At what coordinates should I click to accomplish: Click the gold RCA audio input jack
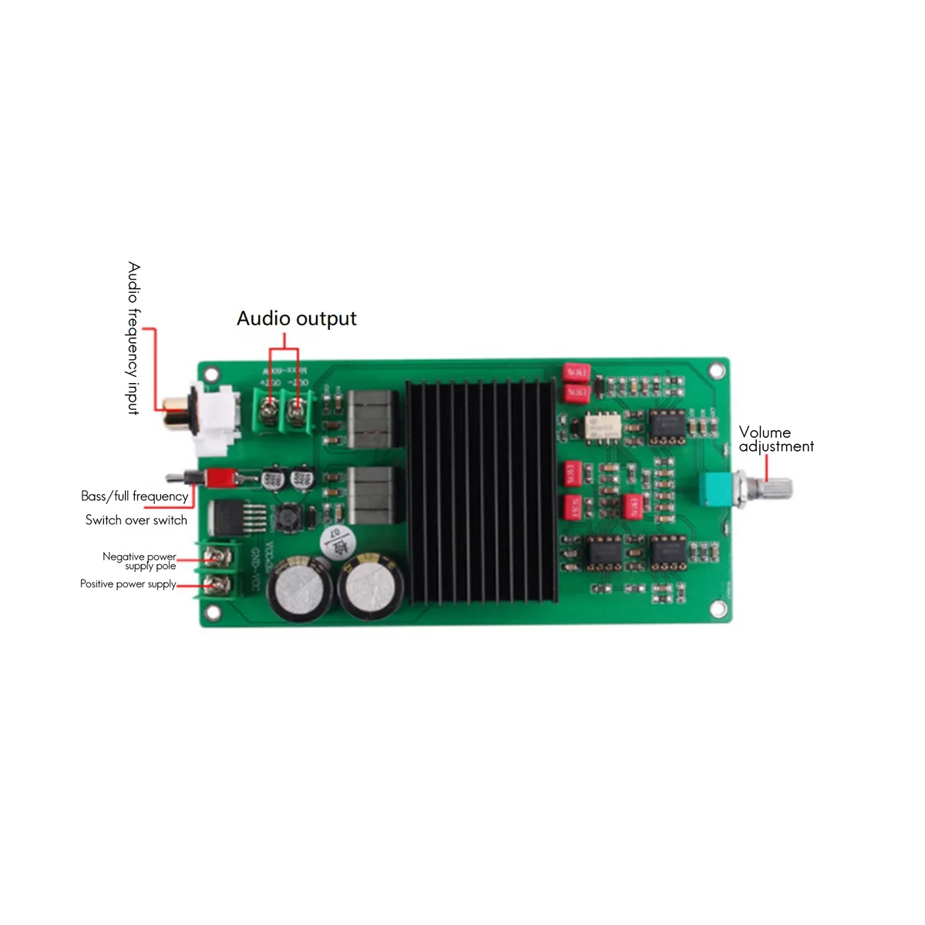(x=177, y=420)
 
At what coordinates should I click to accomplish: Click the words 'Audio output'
(x=297, y=318)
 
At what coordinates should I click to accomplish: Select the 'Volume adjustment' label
(x=775, y=439)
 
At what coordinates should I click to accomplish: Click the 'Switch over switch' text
(x=136, y=520)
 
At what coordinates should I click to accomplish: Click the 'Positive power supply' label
(x=128, y=584)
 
